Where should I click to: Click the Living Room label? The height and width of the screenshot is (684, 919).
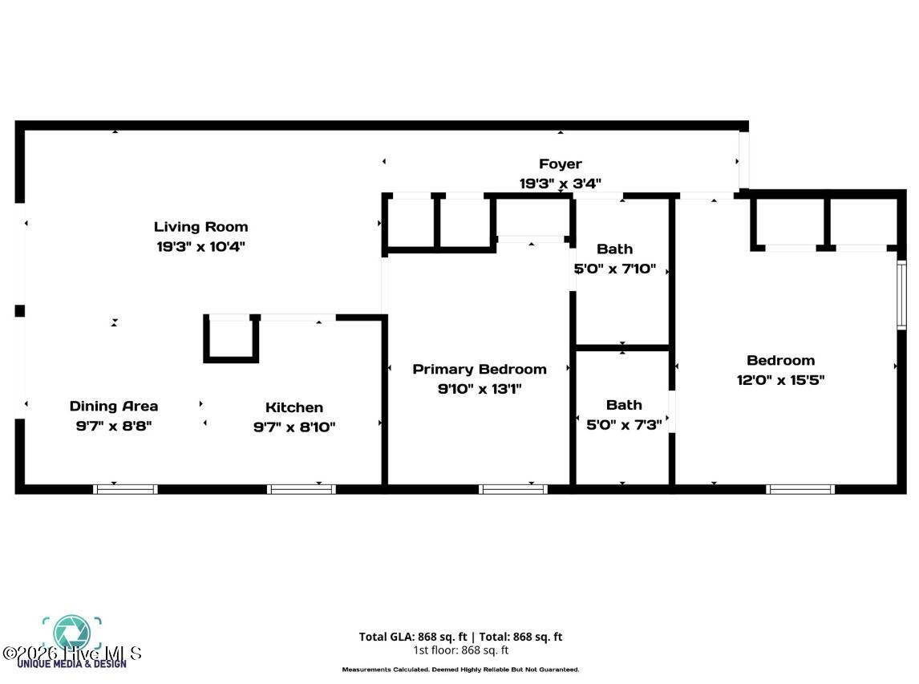[200, 227]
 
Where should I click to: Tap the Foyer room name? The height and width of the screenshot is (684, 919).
[560, 164]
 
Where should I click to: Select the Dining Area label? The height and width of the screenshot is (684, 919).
[114, 407]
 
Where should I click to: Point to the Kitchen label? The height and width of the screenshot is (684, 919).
[294, 407]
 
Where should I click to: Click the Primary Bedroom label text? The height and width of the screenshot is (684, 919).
[480, 369]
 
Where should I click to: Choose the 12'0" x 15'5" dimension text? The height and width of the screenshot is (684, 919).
[780, 380]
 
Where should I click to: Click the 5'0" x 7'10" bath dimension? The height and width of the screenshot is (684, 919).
[615, 269]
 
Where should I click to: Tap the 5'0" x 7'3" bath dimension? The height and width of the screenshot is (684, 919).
[624, 425]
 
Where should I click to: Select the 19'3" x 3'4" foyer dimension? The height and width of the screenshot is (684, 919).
[560, 184]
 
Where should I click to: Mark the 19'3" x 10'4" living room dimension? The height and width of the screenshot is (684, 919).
[200, 247]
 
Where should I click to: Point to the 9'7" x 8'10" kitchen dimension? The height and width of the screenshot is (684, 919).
[294, 427]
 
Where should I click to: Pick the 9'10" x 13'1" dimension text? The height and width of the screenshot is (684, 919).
[480, 389]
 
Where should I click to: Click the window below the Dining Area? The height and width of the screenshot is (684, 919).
[125, 488]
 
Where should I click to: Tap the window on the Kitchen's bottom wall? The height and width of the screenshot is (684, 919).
[301, 488]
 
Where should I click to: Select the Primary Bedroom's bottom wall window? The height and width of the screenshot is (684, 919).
[513, 488]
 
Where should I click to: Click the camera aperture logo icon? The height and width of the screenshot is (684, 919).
[72, 632]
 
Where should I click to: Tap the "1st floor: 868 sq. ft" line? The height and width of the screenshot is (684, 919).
[460, 650]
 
